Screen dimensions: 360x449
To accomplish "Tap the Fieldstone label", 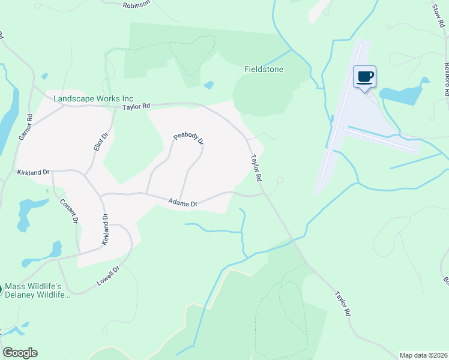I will click(x=264, y=69).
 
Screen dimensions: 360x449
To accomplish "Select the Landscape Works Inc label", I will click(x=93, y=98).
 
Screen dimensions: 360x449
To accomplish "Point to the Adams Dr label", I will click(x=182, y=203).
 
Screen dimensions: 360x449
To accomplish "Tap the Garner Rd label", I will click(x=25, y=127).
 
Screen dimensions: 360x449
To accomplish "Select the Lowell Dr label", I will click(x=110, y=274).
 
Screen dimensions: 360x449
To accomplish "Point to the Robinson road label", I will click(x=135, y=4).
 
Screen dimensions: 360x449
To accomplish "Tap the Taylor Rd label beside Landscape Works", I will click(x=135, y=106).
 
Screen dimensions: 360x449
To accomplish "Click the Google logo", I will click(x=20, y=353).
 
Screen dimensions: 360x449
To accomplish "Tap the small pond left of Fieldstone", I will click(x=208, y=85).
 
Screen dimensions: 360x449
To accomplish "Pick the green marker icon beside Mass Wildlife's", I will click(x=1, y=290).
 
